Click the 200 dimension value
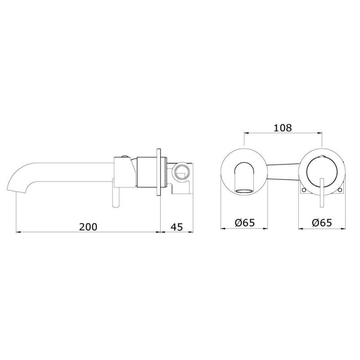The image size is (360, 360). click(88, 227)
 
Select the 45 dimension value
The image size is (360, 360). click(177, 227)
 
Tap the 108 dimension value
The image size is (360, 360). click(283, 128)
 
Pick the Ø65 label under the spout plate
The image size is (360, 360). click(245, 222)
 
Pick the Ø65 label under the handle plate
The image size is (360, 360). click(322, 222)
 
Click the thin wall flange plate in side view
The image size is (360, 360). click(159, 172)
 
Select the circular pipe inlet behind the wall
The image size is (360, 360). click(181, 172)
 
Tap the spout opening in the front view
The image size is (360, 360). click(244, 191)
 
